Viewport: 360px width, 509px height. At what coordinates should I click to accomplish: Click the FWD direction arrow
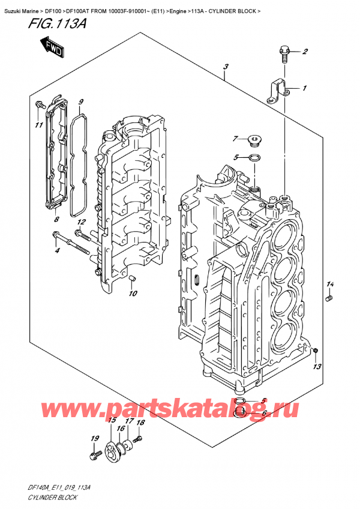[53, 47]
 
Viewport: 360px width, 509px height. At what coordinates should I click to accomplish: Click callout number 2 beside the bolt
[305, 51]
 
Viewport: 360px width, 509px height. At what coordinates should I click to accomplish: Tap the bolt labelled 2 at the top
[284, 55]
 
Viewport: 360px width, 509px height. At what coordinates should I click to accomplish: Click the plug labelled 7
[256, 142]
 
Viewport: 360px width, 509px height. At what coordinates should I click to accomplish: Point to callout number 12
[82, 222]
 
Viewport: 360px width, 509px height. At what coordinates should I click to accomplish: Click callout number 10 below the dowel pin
[133, 293]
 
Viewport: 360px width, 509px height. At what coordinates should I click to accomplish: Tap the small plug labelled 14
[329, 298]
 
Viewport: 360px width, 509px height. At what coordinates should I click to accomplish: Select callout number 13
[317, 366]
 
